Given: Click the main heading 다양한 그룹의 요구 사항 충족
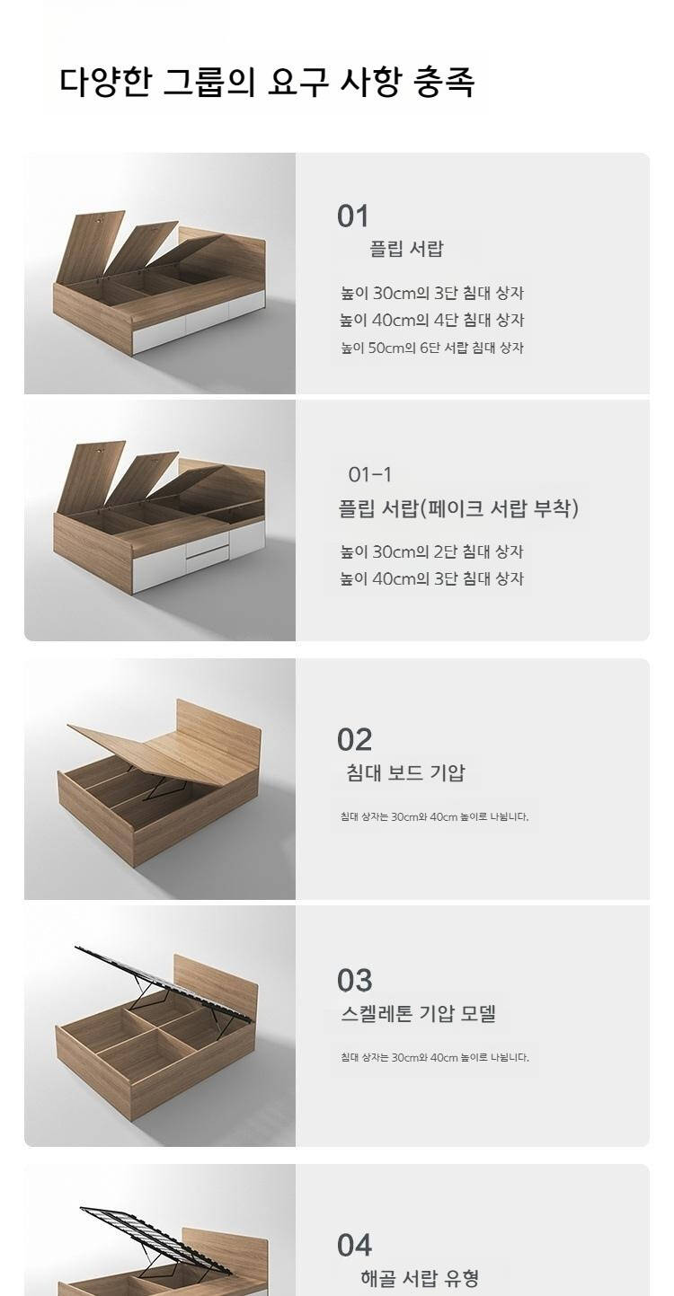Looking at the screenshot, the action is click(268, 83).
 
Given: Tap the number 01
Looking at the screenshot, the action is click(352, 216).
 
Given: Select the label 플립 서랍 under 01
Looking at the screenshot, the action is click(406, 249).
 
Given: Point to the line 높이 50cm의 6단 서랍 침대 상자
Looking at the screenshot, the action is click(431, 348).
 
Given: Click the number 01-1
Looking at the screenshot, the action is click(370, 474).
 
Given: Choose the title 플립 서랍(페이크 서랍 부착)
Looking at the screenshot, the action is click(458, 508).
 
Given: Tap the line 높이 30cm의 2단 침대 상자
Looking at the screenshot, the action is click(431, 551).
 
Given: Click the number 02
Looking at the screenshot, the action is click(354, 740).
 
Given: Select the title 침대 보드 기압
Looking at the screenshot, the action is click(405, 772).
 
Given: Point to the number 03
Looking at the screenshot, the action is click(354, 980).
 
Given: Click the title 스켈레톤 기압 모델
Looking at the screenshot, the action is click(418, 1013).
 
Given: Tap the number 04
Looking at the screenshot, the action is click(354, 1245).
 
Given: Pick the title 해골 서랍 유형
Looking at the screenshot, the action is click(420, 1277).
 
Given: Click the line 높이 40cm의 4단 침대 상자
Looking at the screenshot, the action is click(431, 320).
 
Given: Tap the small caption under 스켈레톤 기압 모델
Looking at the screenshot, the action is click(434, 1057).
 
